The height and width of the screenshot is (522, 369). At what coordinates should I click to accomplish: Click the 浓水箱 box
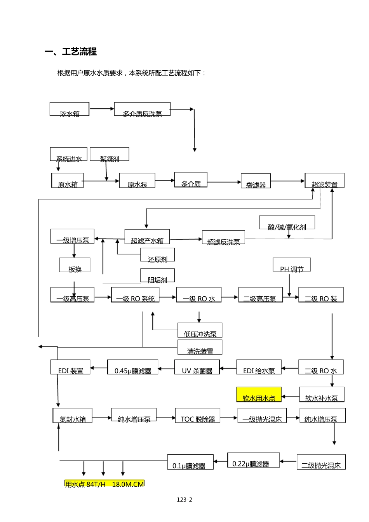point(70,109)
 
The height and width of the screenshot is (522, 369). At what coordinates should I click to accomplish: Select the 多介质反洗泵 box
point(142,109)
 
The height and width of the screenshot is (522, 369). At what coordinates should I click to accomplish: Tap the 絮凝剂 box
point(109,154)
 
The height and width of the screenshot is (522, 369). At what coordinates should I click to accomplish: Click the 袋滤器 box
point(256,181)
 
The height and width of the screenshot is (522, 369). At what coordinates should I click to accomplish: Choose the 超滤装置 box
point(324,181)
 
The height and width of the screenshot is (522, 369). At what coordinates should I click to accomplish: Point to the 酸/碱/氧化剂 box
point(287,223)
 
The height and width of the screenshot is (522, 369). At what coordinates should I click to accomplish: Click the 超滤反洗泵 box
point(223,238)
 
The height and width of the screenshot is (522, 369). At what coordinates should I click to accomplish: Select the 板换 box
point(75,265)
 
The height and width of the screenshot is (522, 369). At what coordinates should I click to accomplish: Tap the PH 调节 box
point(292,265)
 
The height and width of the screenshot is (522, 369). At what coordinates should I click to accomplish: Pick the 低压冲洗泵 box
point(200,330)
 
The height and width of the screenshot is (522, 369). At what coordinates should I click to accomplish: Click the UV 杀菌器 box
point(197,367)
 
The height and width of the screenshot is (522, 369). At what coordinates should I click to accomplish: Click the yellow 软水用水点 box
point(259,395)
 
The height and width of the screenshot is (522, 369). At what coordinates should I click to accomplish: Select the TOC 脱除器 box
point(198,415)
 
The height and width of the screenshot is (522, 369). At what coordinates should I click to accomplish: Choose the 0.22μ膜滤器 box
point(253,460)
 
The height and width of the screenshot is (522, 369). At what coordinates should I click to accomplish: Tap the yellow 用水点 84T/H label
point(104,484)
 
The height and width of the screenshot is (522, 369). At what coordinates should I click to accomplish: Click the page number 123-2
point(184,500)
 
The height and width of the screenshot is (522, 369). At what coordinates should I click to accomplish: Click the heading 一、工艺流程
point(71,52)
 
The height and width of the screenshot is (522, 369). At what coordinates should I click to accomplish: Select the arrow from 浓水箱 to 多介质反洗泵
point(102,109)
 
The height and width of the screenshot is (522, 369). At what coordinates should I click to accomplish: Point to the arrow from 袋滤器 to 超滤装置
point(287,181)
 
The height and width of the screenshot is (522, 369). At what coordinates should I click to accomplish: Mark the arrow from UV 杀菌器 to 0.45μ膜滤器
point(166,368)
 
